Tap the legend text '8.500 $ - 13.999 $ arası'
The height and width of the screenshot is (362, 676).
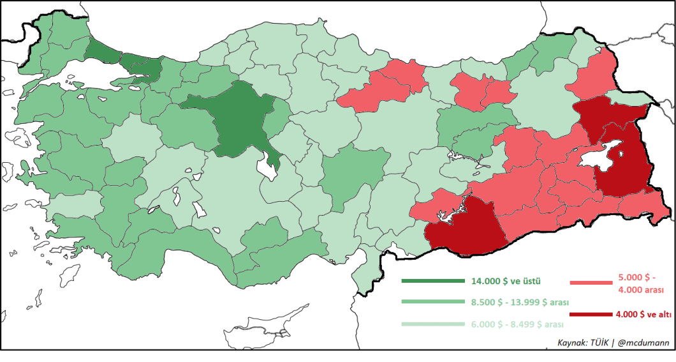[x=520, y=302]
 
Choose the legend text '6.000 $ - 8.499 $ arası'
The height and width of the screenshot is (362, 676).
[x=517, y=324]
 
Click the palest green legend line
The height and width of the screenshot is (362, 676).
[x=433, y=324]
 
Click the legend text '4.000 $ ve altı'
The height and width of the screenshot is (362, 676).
[x=644, y=314]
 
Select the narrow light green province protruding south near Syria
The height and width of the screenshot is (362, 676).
[x=363, y=275]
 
